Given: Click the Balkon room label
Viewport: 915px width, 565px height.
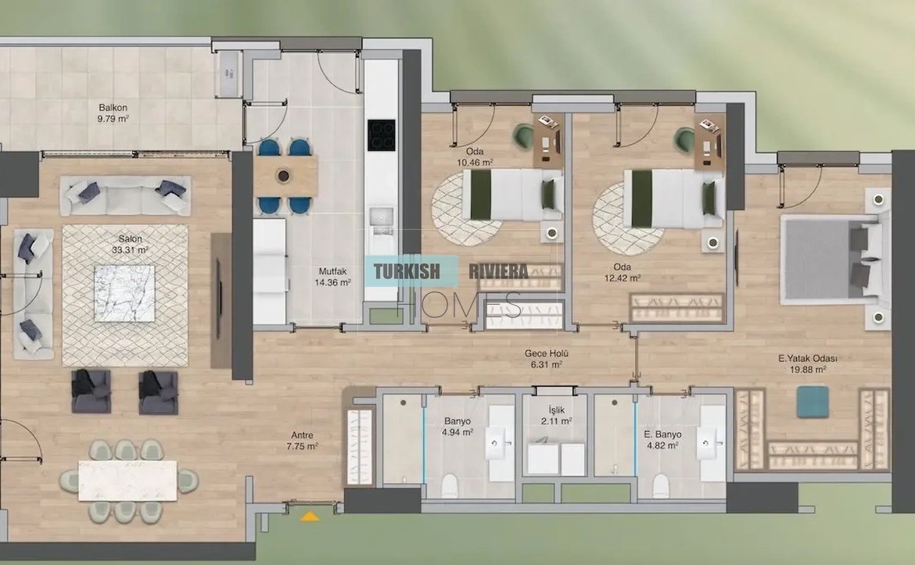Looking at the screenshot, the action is click(x=113, y=107).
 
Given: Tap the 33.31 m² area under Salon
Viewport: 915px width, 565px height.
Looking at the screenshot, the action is click(x=130, y=250).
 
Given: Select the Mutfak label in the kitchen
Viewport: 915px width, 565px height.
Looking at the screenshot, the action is click(x=332, y=271).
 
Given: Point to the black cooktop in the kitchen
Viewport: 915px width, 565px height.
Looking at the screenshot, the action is click(x=381, y=135).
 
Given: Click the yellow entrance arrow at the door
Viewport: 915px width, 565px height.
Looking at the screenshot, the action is click(x=310, y=516).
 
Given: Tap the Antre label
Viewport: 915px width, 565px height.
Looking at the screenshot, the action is click(x=303, y=435).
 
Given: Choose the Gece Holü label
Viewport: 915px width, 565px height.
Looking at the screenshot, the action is click(x=546, y=353).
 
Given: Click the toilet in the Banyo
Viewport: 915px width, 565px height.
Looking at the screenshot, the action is click(x=450, y=485).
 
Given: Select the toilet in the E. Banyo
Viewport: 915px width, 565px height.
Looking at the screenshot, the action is click(x=660, y=485).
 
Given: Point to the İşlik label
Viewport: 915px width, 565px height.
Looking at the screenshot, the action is click(x=556, y=410).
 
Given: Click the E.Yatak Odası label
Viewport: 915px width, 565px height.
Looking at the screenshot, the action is click(x=808, y=359).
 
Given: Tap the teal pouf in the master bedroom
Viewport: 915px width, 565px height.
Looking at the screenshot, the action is click(x=813, y=402).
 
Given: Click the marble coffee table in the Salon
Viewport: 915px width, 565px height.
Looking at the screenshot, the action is click(x=124, y=293).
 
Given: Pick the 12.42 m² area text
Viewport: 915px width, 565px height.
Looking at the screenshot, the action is click(x=623, y=278).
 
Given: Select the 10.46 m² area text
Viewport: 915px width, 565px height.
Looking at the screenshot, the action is click(x=475, y=163).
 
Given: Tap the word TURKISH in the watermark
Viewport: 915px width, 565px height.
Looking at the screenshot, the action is click(x=406, y=271).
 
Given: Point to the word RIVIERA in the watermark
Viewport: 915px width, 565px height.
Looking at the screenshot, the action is click(x=498, y=271).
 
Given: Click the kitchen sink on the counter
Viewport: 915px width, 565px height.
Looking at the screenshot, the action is click(x=382, y=216).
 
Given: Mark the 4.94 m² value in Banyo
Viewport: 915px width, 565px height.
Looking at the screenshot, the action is click(x=457, y=432).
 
